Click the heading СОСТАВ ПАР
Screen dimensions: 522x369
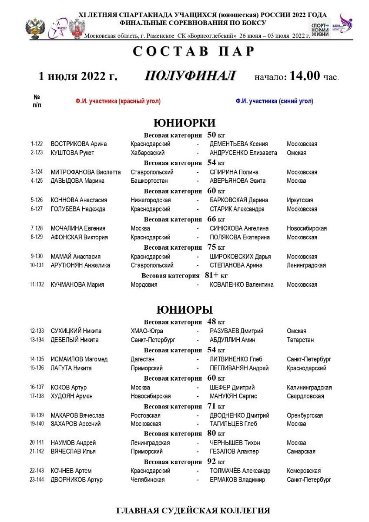[193, 51]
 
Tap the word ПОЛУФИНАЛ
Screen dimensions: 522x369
[190, 76]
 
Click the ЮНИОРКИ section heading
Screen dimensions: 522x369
[184, 123]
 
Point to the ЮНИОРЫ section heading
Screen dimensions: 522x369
[184, 310]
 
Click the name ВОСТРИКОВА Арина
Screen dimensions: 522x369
[79, 144]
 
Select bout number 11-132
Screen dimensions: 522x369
[37, 285]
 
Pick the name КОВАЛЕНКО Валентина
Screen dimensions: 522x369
[242, 285]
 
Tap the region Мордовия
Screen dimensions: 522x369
[144, 285]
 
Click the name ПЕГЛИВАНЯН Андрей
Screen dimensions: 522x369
[239, 368]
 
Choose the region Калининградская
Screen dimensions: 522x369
[309, 388]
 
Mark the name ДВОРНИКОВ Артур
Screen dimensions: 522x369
[77, 480]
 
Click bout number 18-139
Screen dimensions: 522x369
[37, 415]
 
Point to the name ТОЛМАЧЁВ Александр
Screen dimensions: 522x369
[240, 471]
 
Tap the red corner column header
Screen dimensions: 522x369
[118, 101]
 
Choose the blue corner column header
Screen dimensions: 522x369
[274, 101]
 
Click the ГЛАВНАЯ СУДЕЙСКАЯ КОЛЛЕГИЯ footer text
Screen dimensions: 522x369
[193, 510]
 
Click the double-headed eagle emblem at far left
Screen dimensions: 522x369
[33, 29]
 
